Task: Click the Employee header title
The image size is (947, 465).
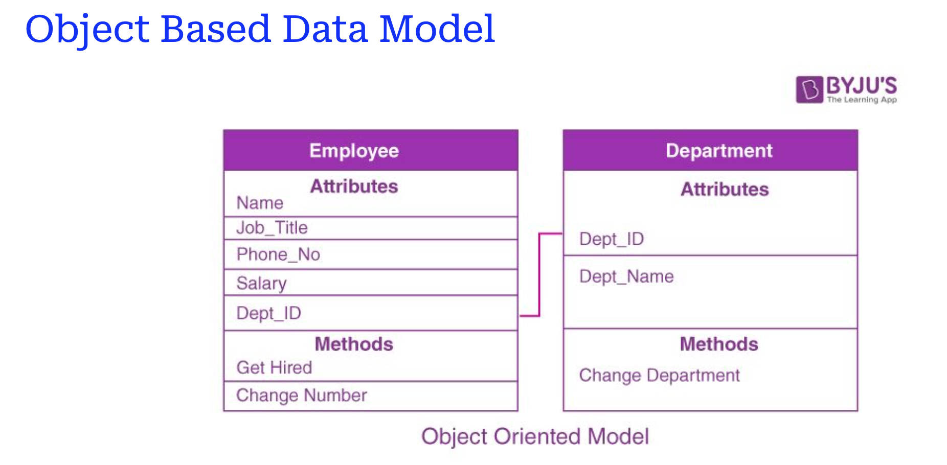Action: point(354,151)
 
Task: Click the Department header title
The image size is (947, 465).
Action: point(719,151)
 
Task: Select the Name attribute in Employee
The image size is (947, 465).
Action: point(260,203)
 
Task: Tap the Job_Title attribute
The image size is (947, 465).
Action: point(272,228)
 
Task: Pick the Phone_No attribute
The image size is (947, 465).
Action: point(278,254)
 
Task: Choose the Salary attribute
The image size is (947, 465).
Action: point(261,284)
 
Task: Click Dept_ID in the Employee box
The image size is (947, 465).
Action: point(268,313)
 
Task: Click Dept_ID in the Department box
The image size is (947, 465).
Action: point(612,239)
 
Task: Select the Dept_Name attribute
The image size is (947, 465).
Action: point(626,276)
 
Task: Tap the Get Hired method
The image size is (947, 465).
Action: point(274,367)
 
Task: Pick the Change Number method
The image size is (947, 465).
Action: point(302,396)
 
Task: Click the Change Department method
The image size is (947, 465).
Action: point(660,376)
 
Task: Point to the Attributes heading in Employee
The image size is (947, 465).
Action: point(354,187)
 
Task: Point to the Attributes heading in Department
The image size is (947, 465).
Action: point(725,190)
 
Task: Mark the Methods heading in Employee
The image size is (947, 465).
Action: point(354,344)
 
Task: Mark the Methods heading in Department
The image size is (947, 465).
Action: point(719,344)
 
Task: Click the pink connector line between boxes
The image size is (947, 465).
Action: point(539,275)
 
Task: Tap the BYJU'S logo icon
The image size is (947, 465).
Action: point(809,89)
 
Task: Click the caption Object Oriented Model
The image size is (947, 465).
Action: point(535,437)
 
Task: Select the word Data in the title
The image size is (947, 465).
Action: point(325,29)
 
